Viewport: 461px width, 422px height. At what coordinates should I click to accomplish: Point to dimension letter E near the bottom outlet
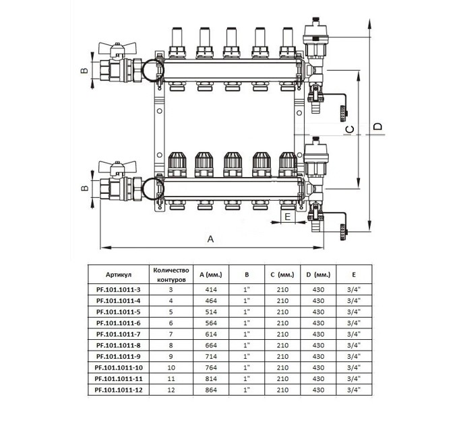click(x=287, y=216)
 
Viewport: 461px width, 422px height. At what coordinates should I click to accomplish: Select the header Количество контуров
click(x=170, y=275)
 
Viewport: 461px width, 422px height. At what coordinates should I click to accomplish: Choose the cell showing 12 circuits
click(x=170, y=390)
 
